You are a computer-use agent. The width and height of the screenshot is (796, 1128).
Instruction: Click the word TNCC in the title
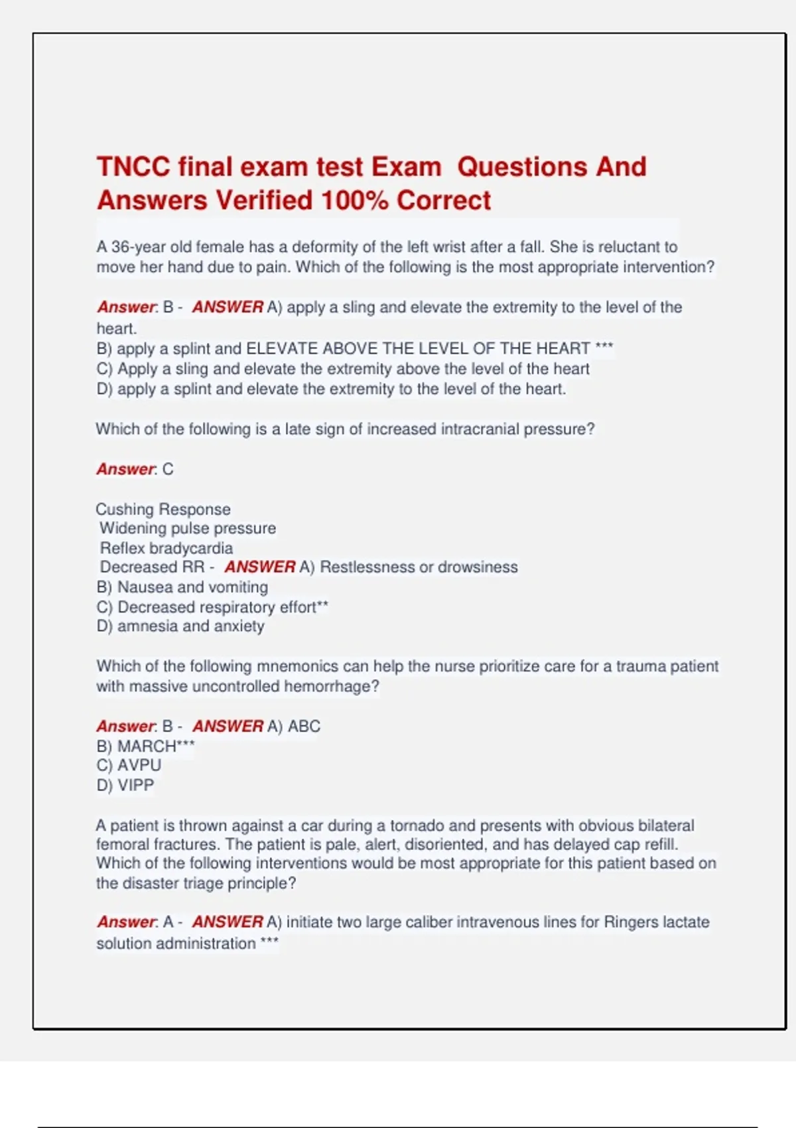pyautogui.click(x=133, y=167)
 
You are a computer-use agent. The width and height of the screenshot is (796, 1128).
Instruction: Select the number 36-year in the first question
pyautogui.click(x=138, y=247)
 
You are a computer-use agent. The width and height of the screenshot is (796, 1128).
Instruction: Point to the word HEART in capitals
pyautogui.click(x=563, y=348)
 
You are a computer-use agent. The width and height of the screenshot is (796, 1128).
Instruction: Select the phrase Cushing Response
pyautogui.click(x=163, y=509)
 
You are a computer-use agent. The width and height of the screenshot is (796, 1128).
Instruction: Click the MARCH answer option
pyautogui.click(x=147, y=746)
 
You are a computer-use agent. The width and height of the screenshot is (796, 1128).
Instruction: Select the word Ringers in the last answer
pyautogui.click(x=631, y=922)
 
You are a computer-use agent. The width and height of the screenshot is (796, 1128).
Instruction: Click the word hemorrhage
pyautogui.click(x=331, y=686)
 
